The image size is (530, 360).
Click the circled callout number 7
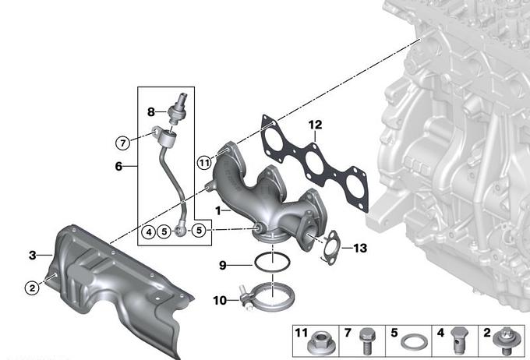pyautogui.click(x=122, y=143)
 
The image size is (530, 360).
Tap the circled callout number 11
pyautogui.click(x=204, y=163)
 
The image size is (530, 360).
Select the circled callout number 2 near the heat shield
pyautogui.click(x=32, y=288)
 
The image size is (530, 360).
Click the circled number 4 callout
pyautogui.click(x=149, y=232)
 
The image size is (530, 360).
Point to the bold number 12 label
pyautogui.click(x=315, y=125)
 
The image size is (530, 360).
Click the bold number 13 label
pyautogui.click(x=360, y=248)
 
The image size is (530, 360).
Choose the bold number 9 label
pyautogui.click(x=222, y=266)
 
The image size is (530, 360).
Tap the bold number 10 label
pyautogui.click(x=220, y=300)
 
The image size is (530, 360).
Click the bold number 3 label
pyautogui.click(x=33, y=255)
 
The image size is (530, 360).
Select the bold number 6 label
pyautogui.click(x=118, y=166)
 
